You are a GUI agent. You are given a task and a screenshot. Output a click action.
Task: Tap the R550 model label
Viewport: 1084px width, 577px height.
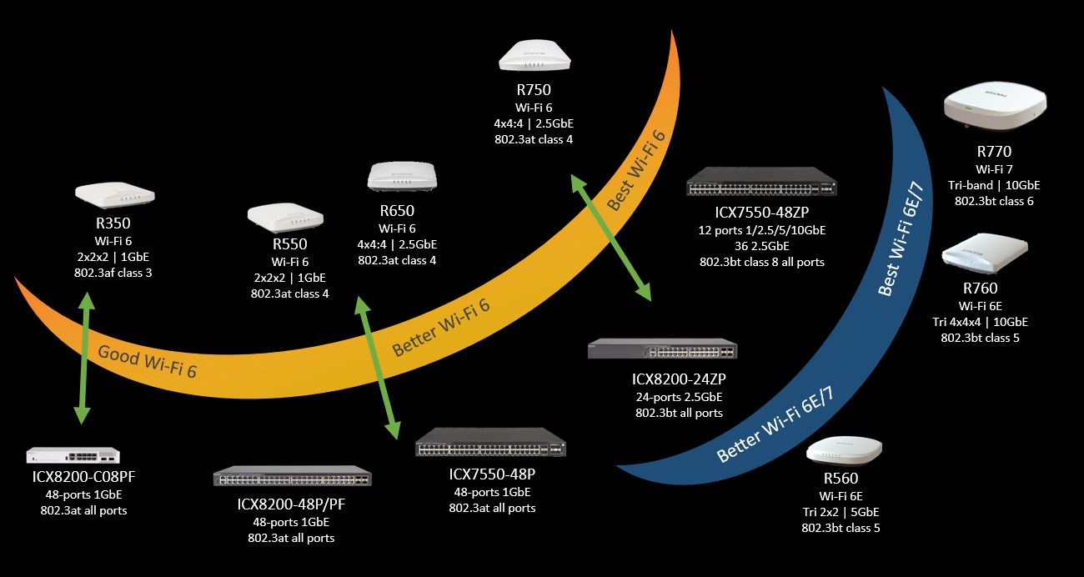tap(289, 244)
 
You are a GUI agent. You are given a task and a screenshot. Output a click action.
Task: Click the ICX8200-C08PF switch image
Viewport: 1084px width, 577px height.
tap(73, 455)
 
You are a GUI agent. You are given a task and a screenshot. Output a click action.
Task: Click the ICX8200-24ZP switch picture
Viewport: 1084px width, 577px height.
tap(662, 350)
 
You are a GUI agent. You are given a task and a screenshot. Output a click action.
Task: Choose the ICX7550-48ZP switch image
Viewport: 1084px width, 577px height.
tap(761, 183)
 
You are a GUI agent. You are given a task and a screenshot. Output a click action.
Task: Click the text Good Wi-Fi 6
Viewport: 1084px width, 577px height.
tap(148, 361)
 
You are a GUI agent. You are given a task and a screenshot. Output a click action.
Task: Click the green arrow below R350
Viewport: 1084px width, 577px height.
tap(83, 359)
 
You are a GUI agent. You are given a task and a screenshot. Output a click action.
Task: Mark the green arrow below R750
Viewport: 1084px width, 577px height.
tap(610, 237)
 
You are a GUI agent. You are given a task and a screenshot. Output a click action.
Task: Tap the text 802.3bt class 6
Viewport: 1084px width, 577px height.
tap(993, 201)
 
